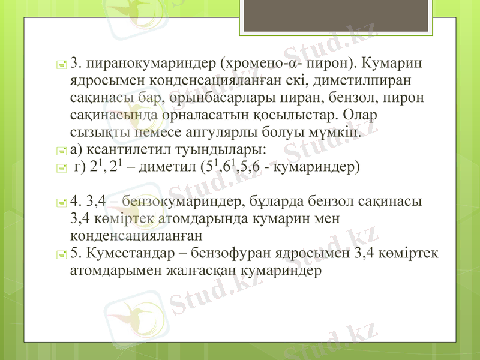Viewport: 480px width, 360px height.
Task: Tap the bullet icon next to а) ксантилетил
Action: tap(62, 149)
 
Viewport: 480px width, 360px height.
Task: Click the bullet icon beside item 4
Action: tap(62, 201)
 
